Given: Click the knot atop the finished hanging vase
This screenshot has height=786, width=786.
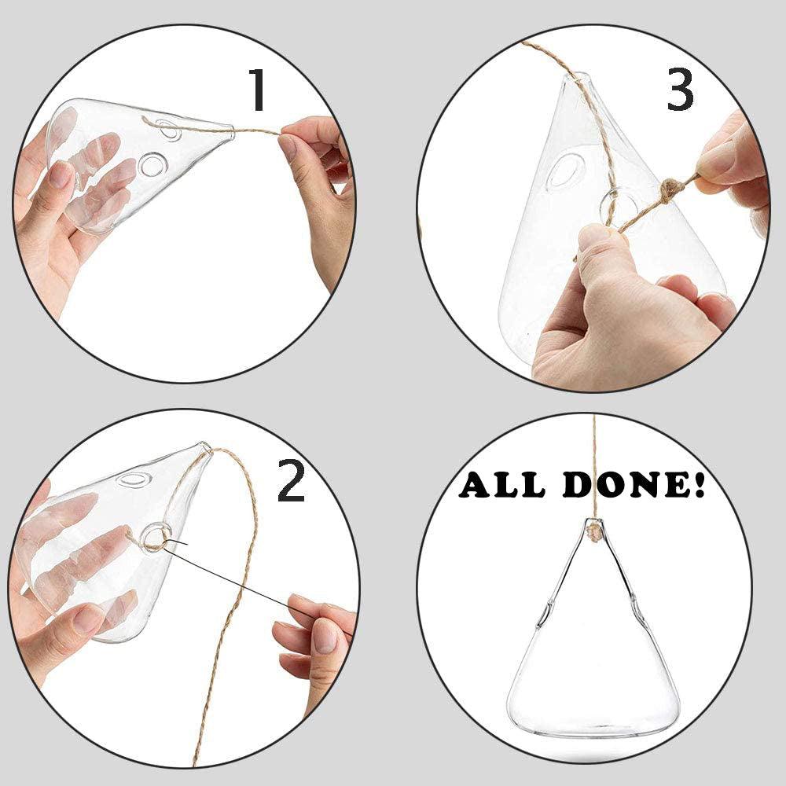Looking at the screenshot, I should tap(594, 531).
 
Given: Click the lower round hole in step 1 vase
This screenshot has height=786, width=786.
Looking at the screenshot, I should tap(149, 164).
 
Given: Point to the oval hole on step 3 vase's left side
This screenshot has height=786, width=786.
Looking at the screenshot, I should tap(564, 172).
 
